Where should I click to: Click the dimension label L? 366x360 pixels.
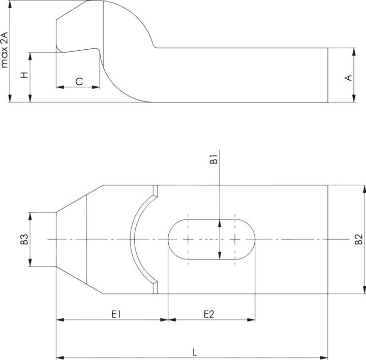[x=195, y=352]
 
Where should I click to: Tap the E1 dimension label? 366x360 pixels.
[x=116, y=314]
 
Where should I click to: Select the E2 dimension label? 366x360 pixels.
[x=209, y=314]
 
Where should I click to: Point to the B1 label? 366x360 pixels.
[x=213, y=159]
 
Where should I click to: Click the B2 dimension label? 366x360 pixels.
[x=359, y=239]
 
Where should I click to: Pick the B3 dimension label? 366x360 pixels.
[x=24, y=239]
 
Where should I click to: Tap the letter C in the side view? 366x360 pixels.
[x=79, y=82]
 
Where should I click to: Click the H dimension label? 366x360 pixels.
[x=24, y=75]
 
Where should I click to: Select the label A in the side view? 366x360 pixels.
[x=348, y=78]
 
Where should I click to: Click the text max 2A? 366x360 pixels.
[x=5, y=50]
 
